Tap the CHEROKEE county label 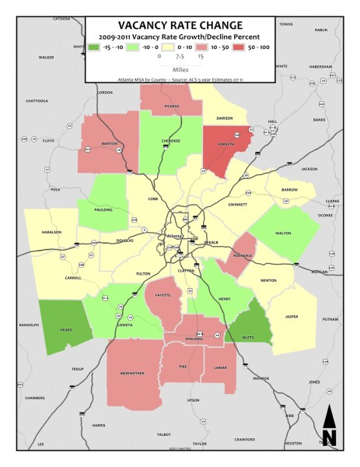[171, 141]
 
